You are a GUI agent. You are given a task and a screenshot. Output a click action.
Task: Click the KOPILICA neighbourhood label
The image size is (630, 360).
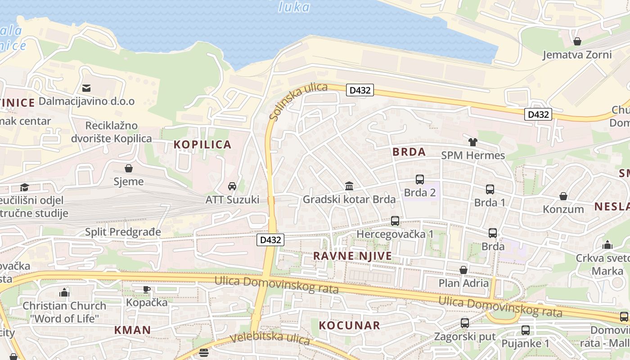coord(202,144)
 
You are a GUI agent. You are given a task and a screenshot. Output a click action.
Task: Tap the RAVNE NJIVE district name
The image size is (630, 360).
coord(352,256)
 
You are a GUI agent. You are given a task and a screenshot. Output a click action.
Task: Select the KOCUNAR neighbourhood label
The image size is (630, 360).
coord(350,325)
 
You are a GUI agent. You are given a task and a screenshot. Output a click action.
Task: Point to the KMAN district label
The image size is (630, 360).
coord(132,330)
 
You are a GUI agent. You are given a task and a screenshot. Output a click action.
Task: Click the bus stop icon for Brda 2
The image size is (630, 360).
coord(420,180)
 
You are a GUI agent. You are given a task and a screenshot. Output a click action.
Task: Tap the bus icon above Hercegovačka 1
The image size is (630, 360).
coord(395,221)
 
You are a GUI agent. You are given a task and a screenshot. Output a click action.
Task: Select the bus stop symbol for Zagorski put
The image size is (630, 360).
coord(465,323)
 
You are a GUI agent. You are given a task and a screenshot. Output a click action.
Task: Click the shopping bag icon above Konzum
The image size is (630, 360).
coord(563,196)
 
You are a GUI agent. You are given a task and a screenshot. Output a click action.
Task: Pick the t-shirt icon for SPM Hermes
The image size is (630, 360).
coord(472,142)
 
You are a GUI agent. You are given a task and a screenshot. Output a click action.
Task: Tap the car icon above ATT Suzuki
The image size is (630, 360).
coord(232,186)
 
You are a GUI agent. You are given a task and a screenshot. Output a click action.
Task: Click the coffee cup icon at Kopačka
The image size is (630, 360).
coord(147,289)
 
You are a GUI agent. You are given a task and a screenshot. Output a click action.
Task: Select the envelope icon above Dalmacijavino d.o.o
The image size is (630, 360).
coord(86,88)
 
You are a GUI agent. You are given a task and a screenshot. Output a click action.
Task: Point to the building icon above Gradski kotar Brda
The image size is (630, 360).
coord(349,186)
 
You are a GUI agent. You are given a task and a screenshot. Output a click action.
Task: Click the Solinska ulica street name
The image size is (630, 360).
coord(298,101)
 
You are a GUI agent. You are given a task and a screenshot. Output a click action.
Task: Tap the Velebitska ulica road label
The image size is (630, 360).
coord(270,338)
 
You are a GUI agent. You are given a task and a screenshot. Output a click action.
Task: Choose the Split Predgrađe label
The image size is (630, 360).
coord(123,232)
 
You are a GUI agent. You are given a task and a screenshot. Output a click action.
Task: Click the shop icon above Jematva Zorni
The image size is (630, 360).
coord(577,42)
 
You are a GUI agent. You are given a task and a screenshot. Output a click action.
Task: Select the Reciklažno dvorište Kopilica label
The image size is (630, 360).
coord(112,132)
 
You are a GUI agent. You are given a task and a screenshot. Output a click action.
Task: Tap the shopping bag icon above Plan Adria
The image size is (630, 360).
coord(463,270)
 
